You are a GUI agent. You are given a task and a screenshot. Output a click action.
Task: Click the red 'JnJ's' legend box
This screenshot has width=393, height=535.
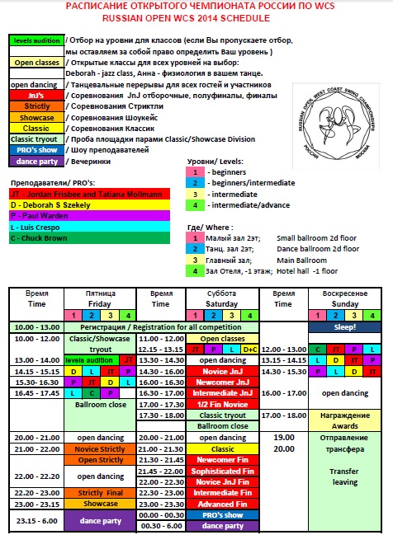tap(36, 95)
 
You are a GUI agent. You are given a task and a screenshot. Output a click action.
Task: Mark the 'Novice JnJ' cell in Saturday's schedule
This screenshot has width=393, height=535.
tap(218, 372)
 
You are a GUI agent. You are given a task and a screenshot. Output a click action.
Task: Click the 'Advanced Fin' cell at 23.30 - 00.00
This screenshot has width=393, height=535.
tap(218, 504)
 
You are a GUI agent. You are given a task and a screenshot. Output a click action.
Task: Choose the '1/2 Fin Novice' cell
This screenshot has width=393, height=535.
tap(218, 404)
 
